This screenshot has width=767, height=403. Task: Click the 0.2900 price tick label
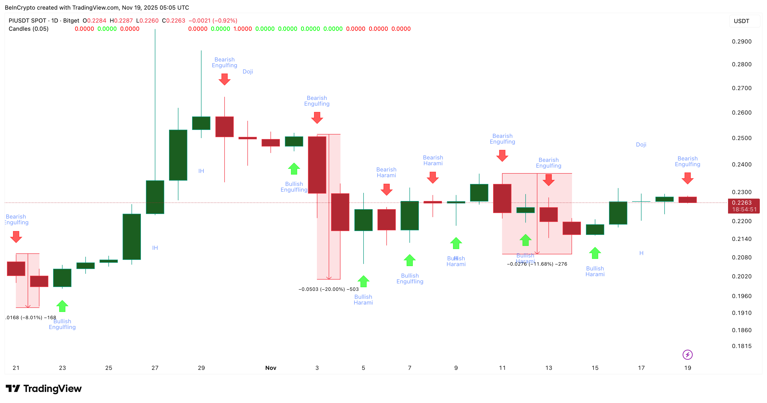tap(742, 42)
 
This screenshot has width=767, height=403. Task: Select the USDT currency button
tap(742, 21)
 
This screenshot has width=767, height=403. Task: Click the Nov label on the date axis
tap(271, 368)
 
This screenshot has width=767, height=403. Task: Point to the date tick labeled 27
tap(155, 368)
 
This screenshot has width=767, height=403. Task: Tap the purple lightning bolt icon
tap(687, 354)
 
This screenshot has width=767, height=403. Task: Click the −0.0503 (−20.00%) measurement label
tap(328, 289)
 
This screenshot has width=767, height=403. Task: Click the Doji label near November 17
tap(641, 145)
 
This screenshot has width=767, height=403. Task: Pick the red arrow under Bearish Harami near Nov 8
tap(433, 177)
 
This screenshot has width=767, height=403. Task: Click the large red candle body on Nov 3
tap(317, 165)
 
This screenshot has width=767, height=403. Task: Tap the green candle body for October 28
tap(178, 155)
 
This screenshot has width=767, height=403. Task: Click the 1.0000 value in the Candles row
tap(242, 29)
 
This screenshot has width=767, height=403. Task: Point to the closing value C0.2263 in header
tap(174, 20)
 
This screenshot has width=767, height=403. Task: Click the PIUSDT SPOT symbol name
tap(27, 20)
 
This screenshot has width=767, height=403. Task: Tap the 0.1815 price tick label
tap(742, 346)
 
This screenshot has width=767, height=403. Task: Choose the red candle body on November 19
tap(687, 200)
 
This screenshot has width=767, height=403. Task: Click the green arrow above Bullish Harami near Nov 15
tap(595, 253)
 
